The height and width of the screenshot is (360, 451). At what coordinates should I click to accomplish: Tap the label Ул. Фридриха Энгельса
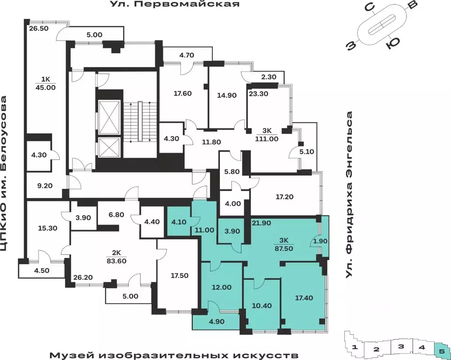pos(350,195)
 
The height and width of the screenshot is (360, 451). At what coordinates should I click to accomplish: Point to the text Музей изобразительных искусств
pos(174,353)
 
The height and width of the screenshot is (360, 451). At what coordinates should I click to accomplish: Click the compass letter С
pos(370,7)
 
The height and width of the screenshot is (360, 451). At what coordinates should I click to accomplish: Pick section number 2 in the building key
pos(376,349)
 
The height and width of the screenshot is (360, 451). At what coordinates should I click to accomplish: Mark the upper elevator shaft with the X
pos(109,113)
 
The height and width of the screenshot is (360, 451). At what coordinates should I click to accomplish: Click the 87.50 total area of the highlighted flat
pos(283,250)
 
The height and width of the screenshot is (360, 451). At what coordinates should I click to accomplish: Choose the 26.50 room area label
pos(39,28)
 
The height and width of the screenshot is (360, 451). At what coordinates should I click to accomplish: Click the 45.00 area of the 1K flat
pos(45,87)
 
